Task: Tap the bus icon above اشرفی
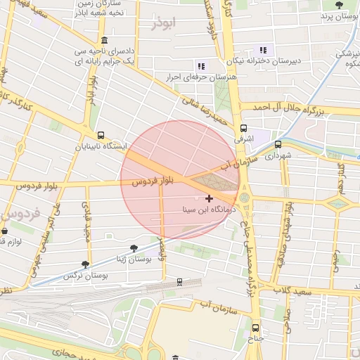(x=244, y=128)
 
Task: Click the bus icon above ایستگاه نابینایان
(x=101, y=135)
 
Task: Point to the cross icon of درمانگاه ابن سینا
(x=209, y=199)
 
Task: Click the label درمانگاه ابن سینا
(x=207, y=210)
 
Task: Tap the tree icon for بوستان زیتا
(x=134, y=248)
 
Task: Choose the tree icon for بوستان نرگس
(x=86, y=264)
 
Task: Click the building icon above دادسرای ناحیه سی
(x=104, y=40)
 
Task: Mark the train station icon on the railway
(x=179, y=281)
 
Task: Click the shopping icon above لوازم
(x=4, y=231)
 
